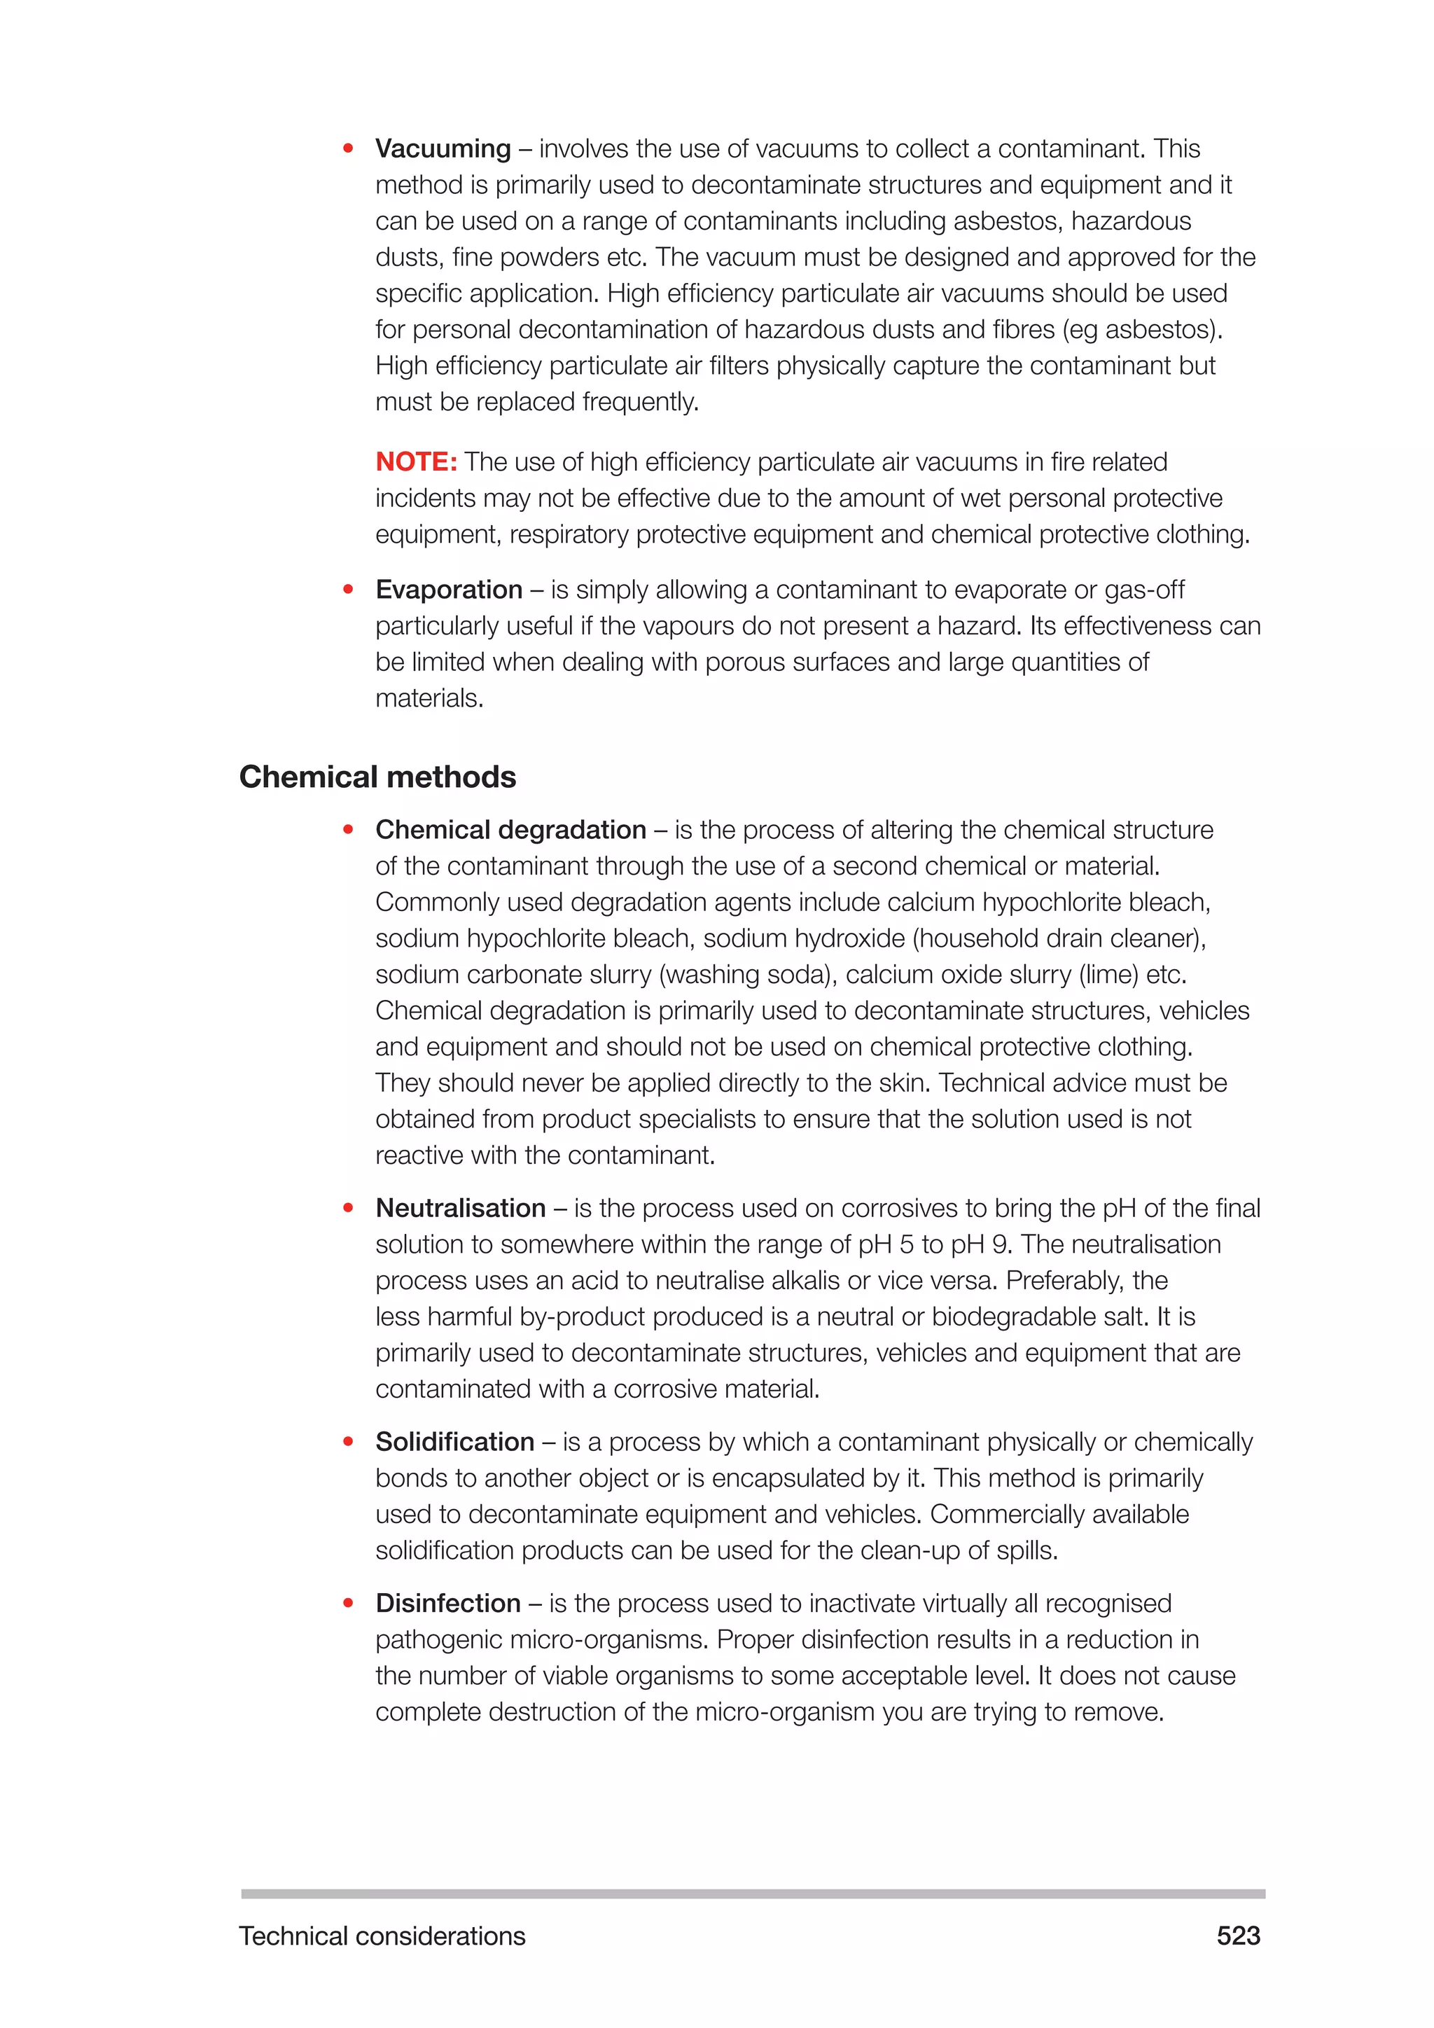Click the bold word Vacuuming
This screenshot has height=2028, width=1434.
[443, 148]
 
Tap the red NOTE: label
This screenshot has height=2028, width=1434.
[416, 462]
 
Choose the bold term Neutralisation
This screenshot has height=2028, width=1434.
[460, 1207]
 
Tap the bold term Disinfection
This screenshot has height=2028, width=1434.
[447, 1603]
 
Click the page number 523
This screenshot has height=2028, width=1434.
[1238, 1936]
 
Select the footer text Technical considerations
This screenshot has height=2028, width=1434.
[382, 1936]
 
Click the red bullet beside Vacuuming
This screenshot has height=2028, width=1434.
[348, 148]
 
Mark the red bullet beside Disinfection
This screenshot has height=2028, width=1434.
[348, 1603]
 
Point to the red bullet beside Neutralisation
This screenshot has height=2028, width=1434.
[348, 1207]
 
